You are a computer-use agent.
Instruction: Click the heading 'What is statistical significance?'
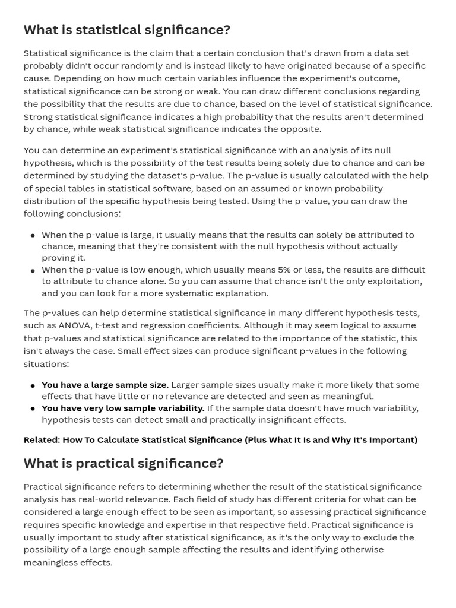click(126, 30)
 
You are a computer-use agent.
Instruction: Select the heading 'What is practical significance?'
click(123, 463)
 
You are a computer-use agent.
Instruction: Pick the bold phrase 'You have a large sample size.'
click(105, 385)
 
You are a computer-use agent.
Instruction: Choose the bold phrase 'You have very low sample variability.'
click(123, 408)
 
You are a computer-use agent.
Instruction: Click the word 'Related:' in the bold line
click(42, 440)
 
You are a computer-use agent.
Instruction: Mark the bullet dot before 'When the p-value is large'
click(33, 236)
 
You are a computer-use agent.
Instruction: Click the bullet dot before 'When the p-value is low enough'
click(33, 270)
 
